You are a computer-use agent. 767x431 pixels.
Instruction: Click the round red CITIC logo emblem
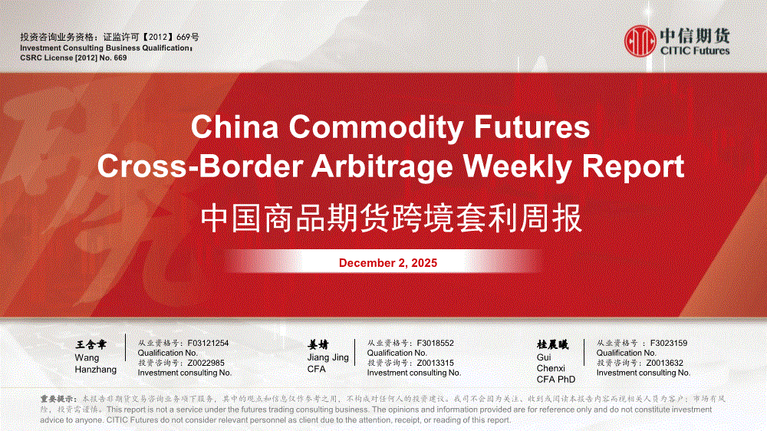(x=640, y=41)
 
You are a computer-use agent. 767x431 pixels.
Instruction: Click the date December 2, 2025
(x=388, y=263)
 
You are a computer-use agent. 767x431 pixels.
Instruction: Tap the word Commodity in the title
(x=376, y=127)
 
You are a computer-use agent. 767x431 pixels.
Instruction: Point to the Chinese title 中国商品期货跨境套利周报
(x=391, y=218)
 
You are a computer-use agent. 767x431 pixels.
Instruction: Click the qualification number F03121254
(x=208, y=343)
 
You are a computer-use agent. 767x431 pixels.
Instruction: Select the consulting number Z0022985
(x=206, y=363)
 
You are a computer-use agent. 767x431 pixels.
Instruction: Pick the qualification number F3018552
(x=435, y=343)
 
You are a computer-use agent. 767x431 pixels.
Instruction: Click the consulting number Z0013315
(x=435, y=363)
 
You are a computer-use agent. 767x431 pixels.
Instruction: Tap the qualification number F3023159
(x=668, y=343)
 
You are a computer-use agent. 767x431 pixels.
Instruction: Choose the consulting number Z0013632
(x=664, y=363)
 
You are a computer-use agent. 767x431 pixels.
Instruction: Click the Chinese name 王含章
(x=91, y=345)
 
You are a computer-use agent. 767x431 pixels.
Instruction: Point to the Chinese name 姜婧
(x=318, y=345)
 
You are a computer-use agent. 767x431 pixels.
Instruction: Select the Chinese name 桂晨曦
(x=553, y=345)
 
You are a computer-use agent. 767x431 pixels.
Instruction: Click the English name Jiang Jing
(x=328, y=357)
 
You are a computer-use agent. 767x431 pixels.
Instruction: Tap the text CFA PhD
(x=555, y=379)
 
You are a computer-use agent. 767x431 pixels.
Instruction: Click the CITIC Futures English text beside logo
(x=695, y=51)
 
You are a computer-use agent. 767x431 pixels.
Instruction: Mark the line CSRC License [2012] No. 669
(x=74, y=58)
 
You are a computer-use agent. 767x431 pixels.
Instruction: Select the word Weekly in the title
(x=518, y=166)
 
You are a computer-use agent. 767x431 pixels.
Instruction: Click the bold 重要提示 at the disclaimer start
(x=58, y=400)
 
